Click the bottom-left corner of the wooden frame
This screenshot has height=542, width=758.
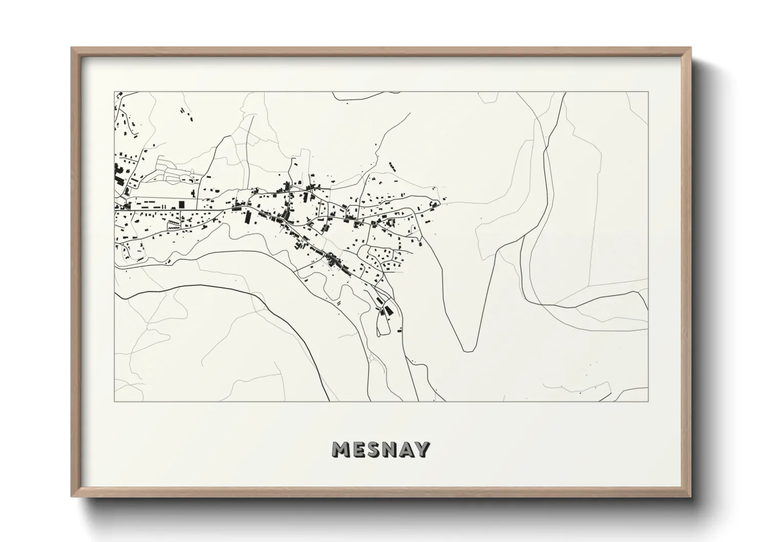(x=72, y=497)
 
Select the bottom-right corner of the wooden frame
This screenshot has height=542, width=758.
(x=691, y=497)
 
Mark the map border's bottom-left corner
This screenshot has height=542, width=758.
(x=114, y=402)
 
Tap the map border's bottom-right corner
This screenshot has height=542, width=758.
(x=648, y=402)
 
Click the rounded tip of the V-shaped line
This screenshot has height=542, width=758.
(x=468, y=351)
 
